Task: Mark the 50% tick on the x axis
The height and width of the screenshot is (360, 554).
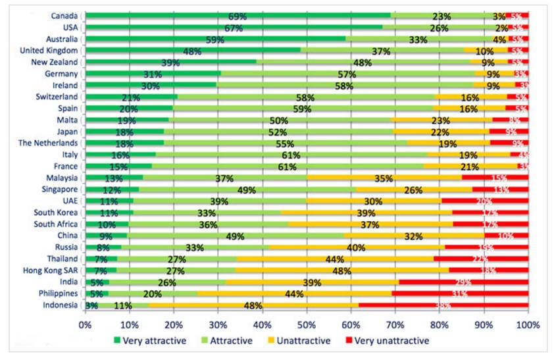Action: tap(307, 325)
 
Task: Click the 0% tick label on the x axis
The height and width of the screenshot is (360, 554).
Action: tap(86, 325)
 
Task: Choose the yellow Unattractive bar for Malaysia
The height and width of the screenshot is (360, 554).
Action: tap(384, 178)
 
